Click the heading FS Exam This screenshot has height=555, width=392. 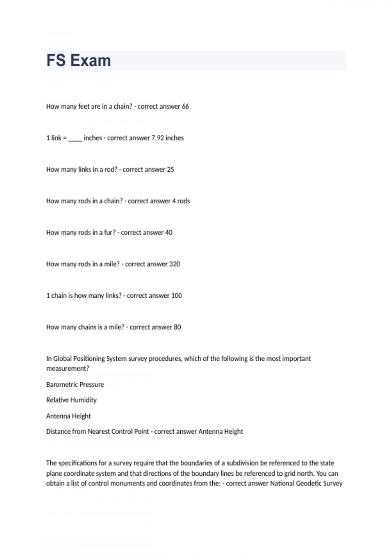pyautogui.click(x=78, y=61)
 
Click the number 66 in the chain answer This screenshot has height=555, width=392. pyautogui.click(x=185, y=106)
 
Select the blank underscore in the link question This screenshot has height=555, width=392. pyautogui.click(x=75, y=138)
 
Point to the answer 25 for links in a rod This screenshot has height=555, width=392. pyautogui.click(x=170, y=169)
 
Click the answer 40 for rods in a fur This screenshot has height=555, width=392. pyautogui.click(x=169, y=232)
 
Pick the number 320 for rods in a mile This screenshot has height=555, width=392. pyautogui.click(x=174, y=264)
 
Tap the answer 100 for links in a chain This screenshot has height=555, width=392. pyautogui.click(x=176, y=295)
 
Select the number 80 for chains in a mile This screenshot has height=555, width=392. pyautogui.click(x=177, y=327)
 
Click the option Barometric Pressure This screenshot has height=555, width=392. pyautogui.click(x=75, y=385)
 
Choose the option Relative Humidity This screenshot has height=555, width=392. pyautogui.click(x=72, y=400)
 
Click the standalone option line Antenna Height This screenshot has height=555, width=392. pyautogui.click(x=69, y=416)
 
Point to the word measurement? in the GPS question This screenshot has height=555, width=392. pyautogui.click(x=68, y=369)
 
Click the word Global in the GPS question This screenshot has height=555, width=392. pyautogui.click(x=62, y=359)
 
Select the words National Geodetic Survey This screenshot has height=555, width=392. pyautogui.click(x=306, y=484)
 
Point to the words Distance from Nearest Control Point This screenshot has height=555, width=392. pyautogui.click(x=97, y=432)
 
